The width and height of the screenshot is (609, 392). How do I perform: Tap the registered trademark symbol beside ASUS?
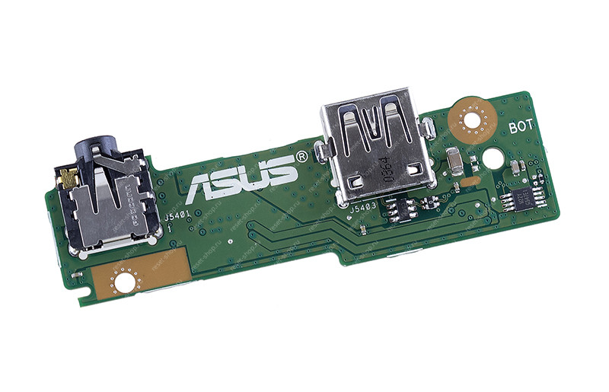click(x=301, y=155)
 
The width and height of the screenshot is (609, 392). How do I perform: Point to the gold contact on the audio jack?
click(x=69, y=180)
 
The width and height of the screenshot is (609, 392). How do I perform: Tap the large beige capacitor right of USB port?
click(x=454, y=161)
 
